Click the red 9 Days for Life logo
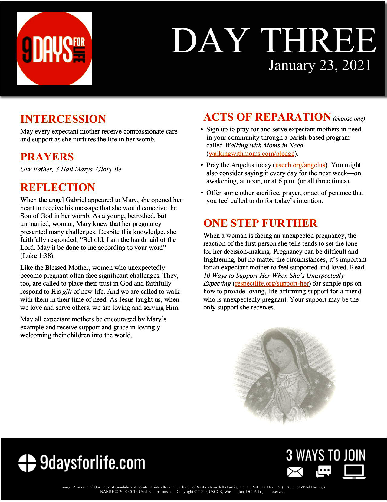click(x=54, y=48)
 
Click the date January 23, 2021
click(x=320, y=65)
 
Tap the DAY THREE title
click(x=274, y=41)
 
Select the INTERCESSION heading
click(x=63, y=119)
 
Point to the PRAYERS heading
click(x=47, y=157)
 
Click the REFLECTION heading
click(x=57, y=187)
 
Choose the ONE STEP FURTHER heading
click(x=260, y=223)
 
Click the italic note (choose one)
click(x=349, y=118)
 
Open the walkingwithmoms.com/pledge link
click(x=251, y=154)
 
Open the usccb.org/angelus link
click(x=300, y=165)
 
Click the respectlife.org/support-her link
click(x=272, y=283)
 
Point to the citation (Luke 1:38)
click(x=38, y=256)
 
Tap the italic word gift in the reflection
click(x=67, y=292)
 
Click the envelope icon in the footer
click(x=295, y=472)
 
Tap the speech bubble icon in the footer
click(x=323, y=471)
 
